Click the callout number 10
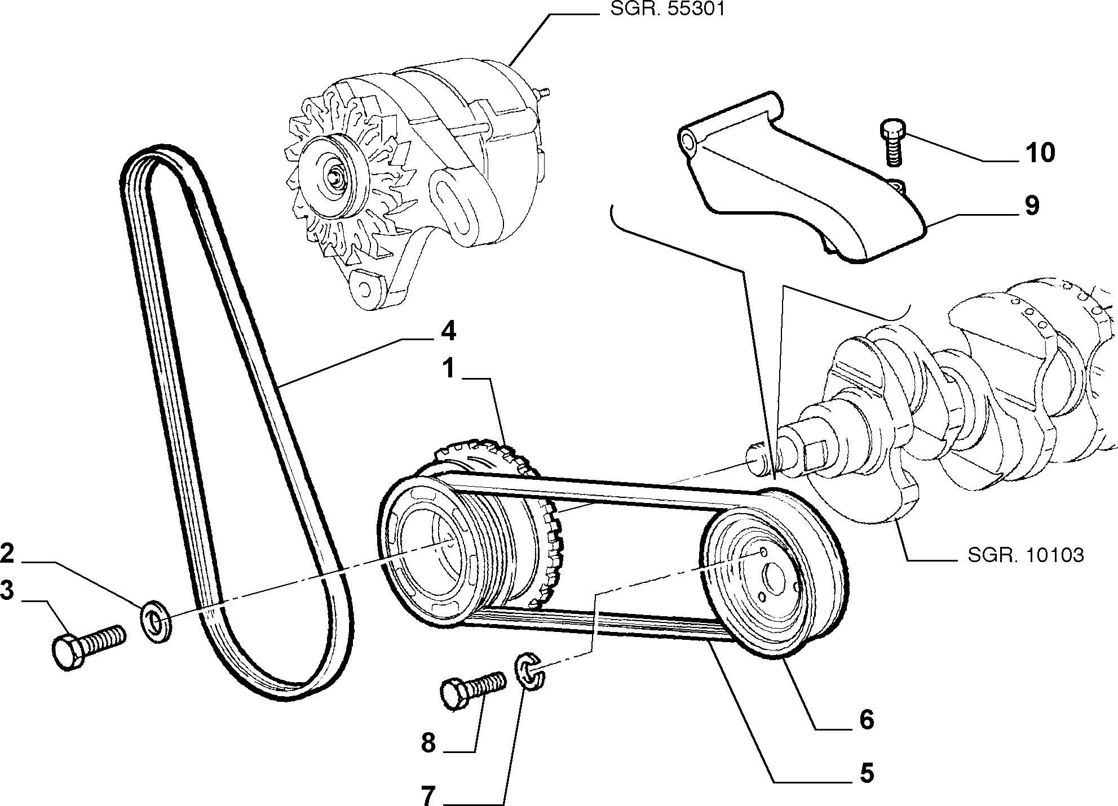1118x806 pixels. [x=1040, y=153]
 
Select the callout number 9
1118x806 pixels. [x=1031, y=206]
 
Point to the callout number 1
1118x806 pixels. [x=449, y=369]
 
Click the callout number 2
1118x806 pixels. [x=7, y=554]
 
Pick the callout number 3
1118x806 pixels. [x=7, y=592]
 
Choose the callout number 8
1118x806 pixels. [x=429, y=743]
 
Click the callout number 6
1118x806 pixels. [x=866, y=720]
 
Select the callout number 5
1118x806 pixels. [x=866, y=773]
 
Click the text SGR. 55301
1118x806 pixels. [x=666, y=10]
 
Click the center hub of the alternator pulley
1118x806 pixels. [x=336, y=176]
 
